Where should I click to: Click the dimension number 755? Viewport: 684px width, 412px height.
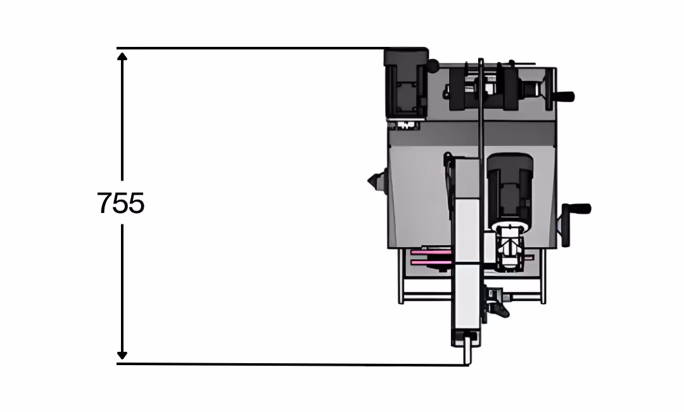pos(121,203)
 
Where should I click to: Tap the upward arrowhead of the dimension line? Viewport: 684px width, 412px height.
pos(122,56)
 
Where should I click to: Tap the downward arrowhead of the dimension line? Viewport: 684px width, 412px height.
pos(122,355)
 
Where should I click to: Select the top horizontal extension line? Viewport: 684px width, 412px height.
pos(272,48)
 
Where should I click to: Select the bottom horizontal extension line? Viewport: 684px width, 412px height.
pos(293,364)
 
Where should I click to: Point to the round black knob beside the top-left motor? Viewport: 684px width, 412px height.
pos(433,66)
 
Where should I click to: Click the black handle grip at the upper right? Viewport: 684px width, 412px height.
pos(564,96)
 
